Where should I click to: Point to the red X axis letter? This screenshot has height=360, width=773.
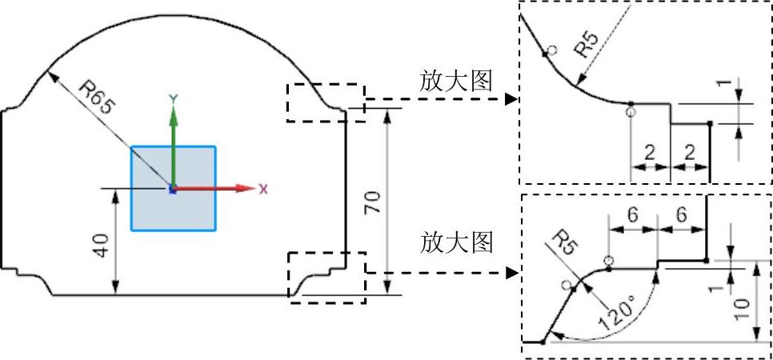pos(263,189)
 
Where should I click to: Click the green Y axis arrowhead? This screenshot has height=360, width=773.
pos(173,113)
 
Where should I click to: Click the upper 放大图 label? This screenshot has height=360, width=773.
pos(455,82)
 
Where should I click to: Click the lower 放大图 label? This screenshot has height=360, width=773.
pos(455,242)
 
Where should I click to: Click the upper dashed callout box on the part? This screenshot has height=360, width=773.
pos(326,102)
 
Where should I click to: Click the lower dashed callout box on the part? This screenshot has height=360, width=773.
pos(326,277)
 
